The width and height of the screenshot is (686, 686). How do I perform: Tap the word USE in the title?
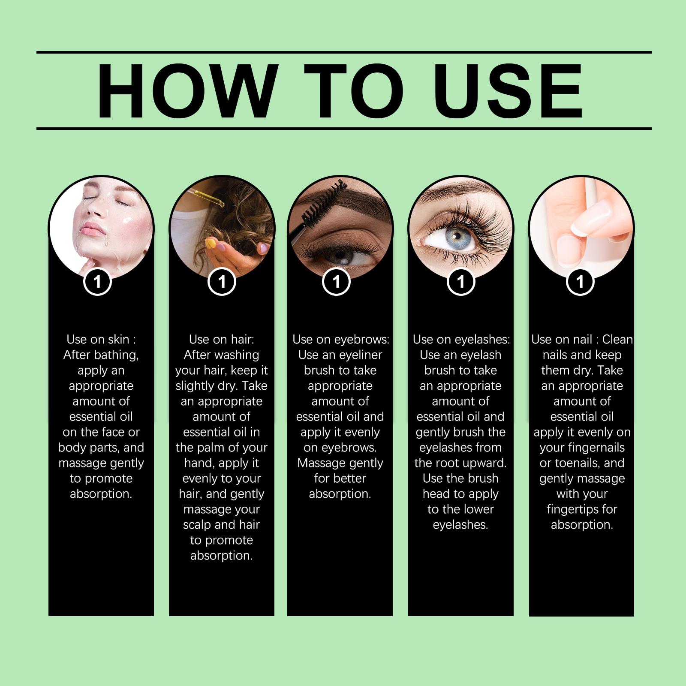(x=509, y=91)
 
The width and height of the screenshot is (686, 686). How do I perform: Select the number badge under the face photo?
(x=98, y=282)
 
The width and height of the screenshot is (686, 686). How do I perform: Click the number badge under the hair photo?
(x=222, y=282)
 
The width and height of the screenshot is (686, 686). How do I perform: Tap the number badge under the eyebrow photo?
(x=337, y=282)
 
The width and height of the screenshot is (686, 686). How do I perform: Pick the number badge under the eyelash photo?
(x=461, y=282)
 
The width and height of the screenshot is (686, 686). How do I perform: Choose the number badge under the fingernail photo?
(x=580, y=282)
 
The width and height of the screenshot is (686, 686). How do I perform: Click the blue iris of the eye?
(x=460, y=236)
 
